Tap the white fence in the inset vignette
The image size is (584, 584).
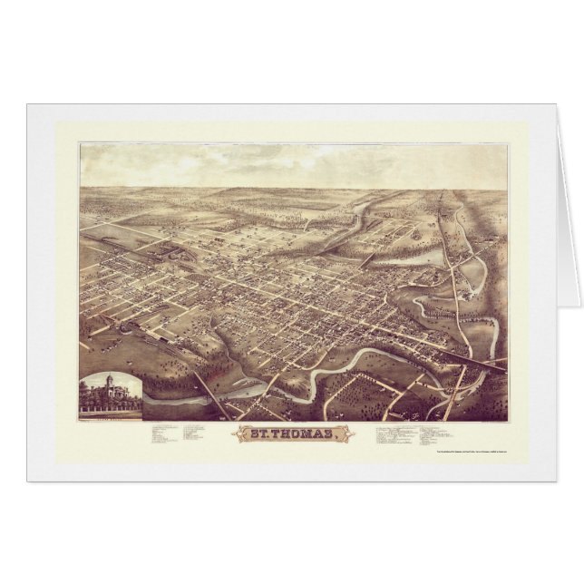pos(109,411)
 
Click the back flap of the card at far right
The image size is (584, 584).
pos(568,209)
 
